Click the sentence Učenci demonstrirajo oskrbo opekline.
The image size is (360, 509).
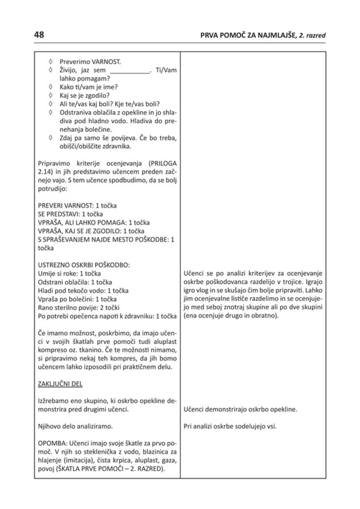240,410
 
